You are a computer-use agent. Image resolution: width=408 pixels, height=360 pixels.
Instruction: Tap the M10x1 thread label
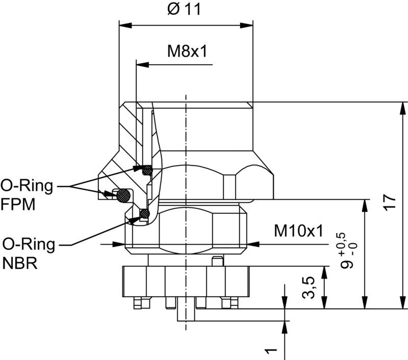tap(298, 231)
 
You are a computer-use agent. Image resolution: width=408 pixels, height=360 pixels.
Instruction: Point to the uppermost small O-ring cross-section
tap(147, 169)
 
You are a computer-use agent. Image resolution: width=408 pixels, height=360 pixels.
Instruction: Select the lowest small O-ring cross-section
tap(144, 213)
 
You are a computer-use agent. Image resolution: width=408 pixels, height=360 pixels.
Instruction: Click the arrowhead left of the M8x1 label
tap(142, 65)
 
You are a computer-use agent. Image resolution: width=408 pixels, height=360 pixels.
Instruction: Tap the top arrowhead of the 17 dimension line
tap(403, 108)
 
